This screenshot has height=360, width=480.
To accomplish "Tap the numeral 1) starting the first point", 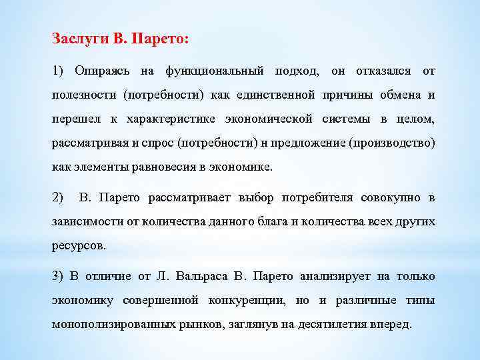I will (57, 70).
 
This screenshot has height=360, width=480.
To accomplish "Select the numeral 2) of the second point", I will (57, 197).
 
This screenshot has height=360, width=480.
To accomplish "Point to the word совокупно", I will (391, 197).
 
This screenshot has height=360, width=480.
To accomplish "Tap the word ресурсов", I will (79, 245).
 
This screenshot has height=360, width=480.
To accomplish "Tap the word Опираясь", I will (99, 70).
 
